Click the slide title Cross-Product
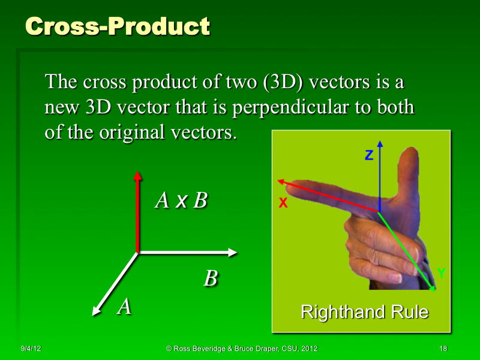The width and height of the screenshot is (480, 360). (x=118, y=26)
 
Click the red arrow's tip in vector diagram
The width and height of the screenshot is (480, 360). (x=137, y=175)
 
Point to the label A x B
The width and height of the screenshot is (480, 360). (x=181, y=200)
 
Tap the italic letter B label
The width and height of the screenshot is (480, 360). (x=210, y=279)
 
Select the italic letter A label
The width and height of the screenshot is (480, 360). (x=124, y=307)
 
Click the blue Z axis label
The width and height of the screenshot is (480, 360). (x=369, y=155)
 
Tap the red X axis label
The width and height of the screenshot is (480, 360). (x=283, y=204)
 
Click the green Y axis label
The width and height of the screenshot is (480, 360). (x=441, y=274)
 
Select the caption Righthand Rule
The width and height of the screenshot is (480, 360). (x=364, y=312)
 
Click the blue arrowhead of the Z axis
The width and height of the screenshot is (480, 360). (x=380, y=146)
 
